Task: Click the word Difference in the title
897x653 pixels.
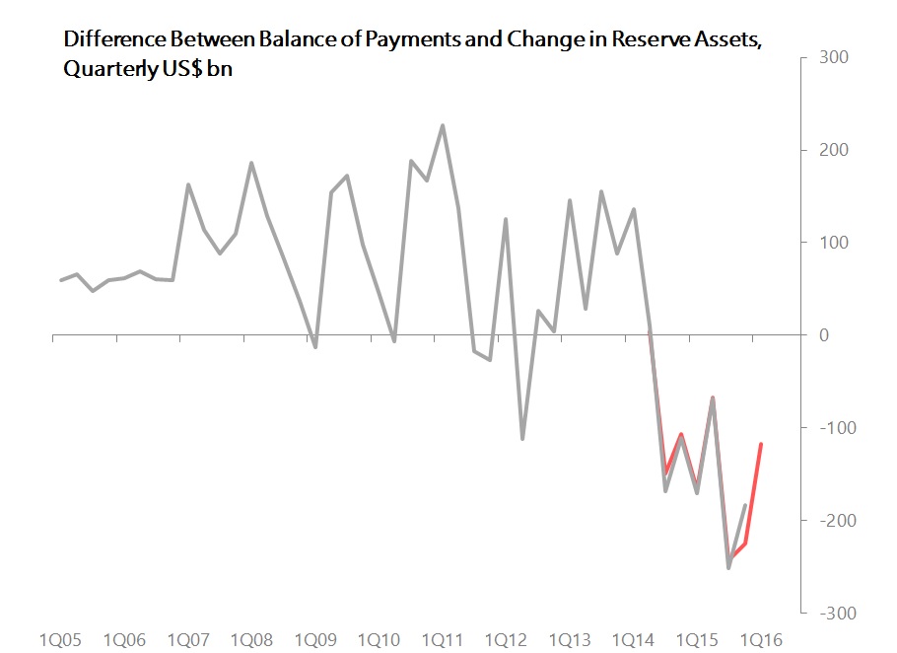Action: (x=106, y=39)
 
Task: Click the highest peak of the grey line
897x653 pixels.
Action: (x=442, y=125)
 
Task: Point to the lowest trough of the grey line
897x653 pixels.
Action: (x=728, y=568)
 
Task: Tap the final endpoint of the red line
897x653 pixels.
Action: (x=761, y=444)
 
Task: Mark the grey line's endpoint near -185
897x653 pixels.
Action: (x=745, y=505)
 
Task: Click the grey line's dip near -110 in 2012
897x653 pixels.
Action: (x=521, y=438)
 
